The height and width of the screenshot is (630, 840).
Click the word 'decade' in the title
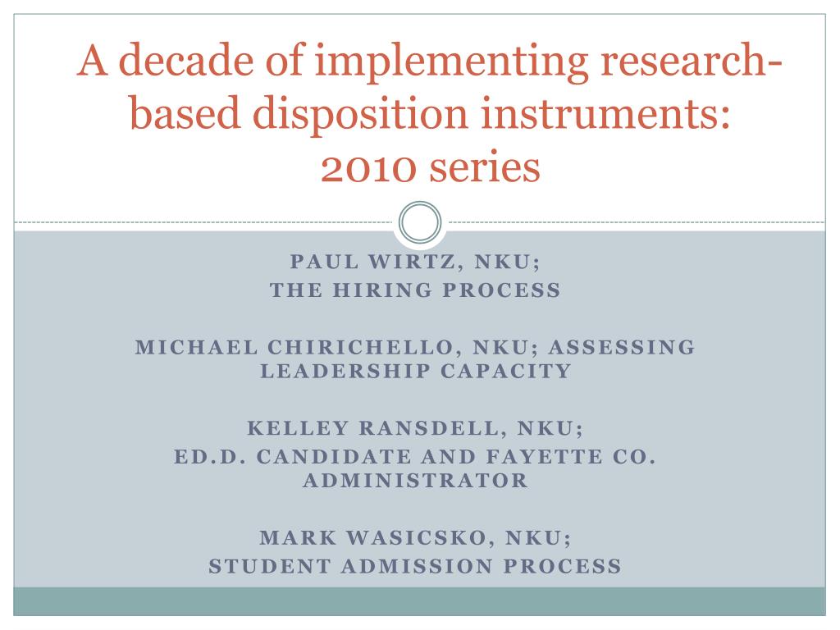click(185, 59)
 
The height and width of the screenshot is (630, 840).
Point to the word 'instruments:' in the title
click(605, 113)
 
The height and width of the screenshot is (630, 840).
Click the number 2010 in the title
click(368, 168)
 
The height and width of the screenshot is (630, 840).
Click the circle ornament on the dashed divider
click(420, 222)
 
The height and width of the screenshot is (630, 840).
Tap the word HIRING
click(382, 290)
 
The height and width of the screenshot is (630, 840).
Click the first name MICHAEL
click(197, 347)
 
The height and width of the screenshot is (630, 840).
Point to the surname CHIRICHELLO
click(361, 347)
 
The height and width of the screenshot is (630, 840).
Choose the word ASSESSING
click(622, 347)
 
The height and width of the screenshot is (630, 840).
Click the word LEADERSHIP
click(345, 371)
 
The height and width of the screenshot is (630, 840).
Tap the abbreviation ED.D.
click(209, 457)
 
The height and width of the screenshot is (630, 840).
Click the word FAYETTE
click(544, 457)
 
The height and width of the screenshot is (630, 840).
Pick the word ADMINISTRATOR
click(416, 481)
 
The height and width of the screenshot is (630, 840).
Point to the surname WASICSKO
click(416, 537)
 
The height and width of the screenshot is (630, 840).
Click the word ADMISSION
click(416, 566)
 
